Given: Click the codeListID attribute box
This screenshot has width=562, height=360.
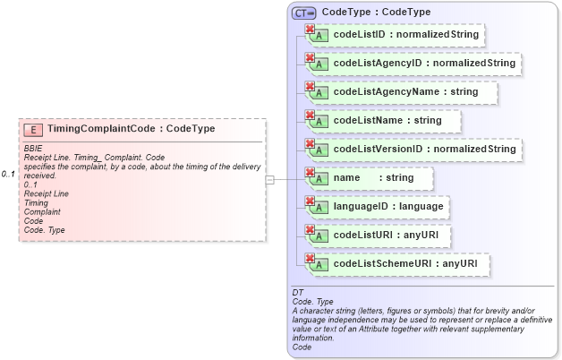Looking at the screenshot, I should tap(395, 36).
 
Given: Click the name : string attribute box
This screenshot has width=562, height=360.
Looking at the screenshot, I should tap(369, 178).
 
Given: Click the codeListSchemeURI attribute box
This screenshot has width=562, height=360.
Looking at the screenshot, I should tap(398, 264).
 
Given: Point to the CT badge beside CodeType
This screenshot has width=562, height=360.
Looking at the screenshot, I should tap(304, 13).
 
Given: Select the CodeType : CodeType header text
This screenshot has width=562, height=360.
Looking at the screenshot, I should tap(376, 13).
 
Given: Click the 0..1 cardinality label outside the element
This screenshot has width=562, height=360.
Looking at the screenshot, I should tap(9, 174).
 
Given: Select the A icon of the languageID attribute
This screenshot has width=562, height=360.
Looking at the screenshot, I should tap(317, 209).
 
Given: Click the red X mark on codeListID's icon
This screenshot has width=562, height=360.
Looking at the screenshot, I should tap(311, 30).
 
